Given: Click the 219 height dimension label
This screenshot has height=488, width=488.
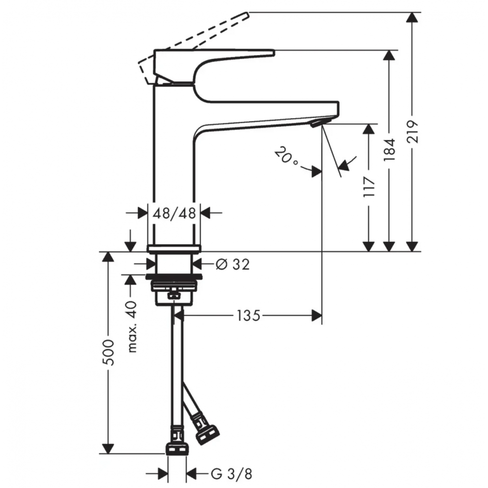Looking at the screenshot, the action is pos(413,131).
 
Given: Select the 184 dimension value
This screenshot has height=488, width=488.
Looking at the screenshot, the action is pos(389,150).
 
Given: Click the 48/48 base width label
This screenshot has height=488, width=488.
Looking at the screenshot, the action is pos(174,214).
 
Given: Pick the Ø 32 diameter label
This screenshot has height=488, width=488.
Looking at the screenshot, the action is pos(232,264).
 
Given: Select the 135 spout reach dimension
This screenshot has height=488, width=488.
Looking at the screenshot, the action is pos(248,316).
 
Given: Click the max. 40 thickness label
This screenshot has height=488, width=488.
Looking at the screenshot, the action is pos(132,326).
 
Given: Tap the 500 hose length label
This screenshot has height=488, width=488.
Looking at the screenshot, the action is pos(109,353).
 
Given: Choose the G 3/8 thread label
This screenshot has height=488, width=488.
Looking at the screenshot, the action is pos(231,474).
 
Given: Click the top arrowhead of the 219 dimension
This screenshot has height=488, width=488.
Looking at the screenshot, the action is pos(412,17).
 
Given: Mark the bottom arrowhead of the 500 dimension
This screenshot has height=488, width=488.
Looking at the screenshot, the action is pos(108,448).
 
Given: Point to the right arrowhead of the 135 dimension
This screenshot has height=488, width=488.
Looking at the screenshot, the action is pos(317,316).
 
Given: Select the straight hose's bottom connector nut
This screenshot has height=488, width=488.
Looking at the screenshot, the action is pos(177,449).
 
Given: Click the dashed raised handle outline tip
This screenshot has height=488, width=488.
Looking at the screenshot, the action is pos(248,15).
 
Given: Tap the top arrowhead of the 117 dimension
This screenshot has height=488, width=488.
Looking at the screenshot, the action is pos(369,129).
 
